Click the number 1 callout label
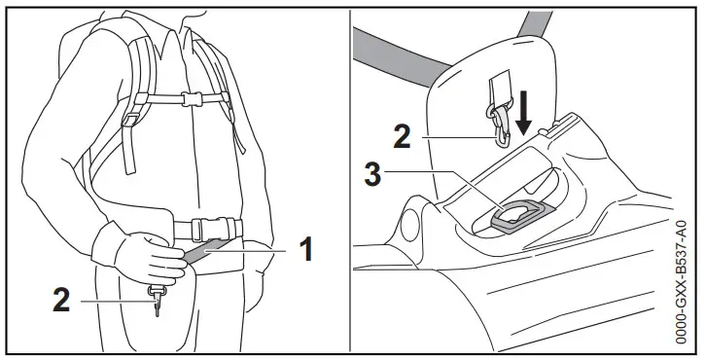[x=304, y=250]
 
